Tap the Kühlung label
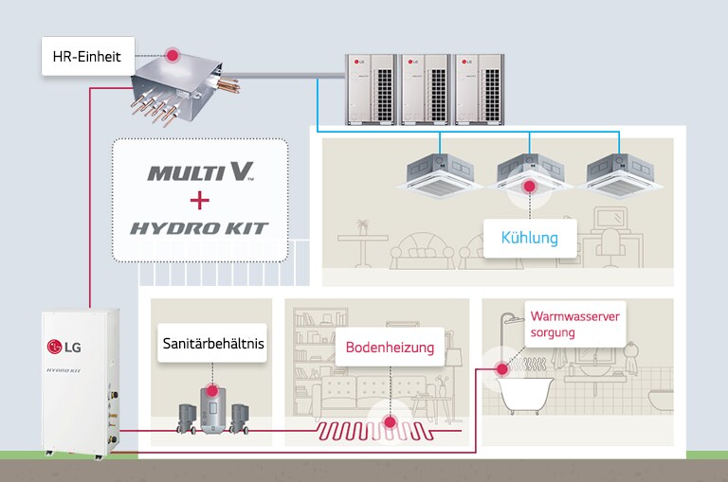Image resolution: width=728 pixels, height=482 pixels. pos(529,237)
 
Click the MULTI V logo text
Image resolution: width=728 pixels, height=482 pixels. pos(201,173)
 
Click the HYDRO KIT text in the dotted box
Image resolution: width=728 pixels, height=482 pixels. pos(200,227)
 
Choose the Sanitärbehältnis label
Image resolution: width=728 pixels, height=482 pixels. pos(211,345)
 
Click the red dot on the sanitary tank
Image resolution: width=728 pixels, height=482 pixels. pos(211,389)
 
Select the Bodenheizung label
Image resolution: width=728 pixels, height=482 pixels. pos(389,348)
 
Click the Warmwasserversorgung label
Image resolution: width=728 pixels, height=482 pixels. pos(574,325)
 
